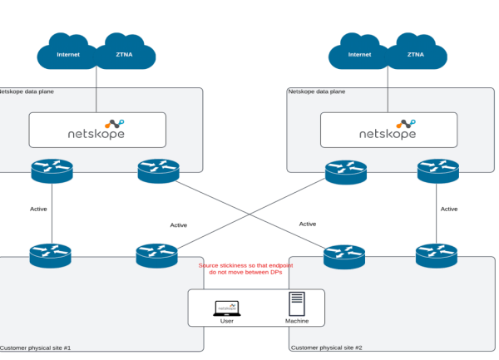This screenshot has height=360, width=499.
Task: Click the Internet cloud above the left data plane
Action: click(68, 54)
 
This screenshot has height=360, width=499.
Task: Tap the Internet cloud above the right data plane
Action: click(359, 54)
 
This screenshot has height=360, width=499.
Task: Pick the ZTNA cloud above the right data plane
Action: click(416, 54)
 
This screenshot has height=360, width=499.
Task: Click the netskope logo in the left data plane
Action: click(97, 130)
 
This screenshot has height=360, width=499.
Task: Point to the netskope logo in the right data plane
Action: click(388, 130)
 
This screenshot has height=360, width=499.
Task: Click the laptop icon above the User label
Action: click(227, 308)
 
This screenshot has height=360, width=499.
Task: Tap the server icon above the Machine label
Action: click(297, 304)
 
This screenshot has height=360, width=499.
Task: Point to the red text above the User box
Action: click(247, 269)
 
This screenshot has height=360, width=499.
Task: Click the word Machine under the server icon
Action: click(297, 321)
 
